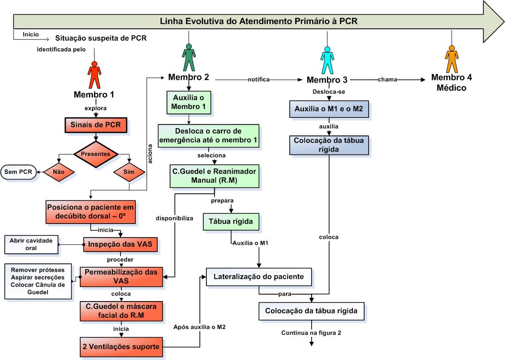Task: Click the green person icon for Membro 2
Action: click(x=188, y=58)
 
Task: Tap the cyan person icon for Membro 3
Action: click(x=328, y=60)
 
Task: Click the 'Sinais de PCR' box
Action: click(x=95, y=125)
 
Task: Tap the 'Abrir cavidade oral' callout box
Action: click(x=32, y=244)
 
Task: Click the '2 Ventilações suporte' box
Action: click(x=121, y=347)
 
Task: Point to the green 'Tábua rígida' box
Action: click(x=230, y=222)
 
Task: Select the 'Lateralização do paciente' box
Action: click(x=258, y=277)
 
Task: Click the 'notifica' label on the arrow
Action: click(x=258, y=79)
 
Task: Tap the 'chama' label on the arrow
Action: click(x=388, y=79)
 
